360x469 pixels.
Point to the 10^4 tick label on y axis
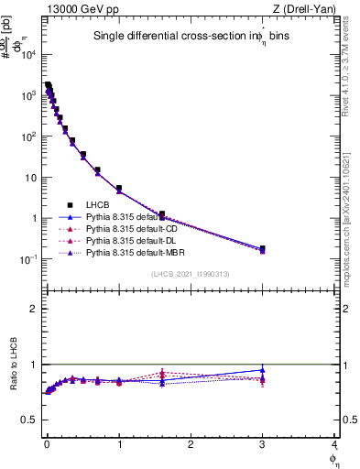(x=28, y=55)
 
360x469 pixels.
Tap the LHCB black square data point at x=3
(x=262, y=248)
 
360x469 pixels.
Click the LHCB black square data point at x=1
(x=119, y=188)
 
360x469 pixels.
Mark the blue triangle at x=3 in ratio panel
(x=262, y=370)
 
